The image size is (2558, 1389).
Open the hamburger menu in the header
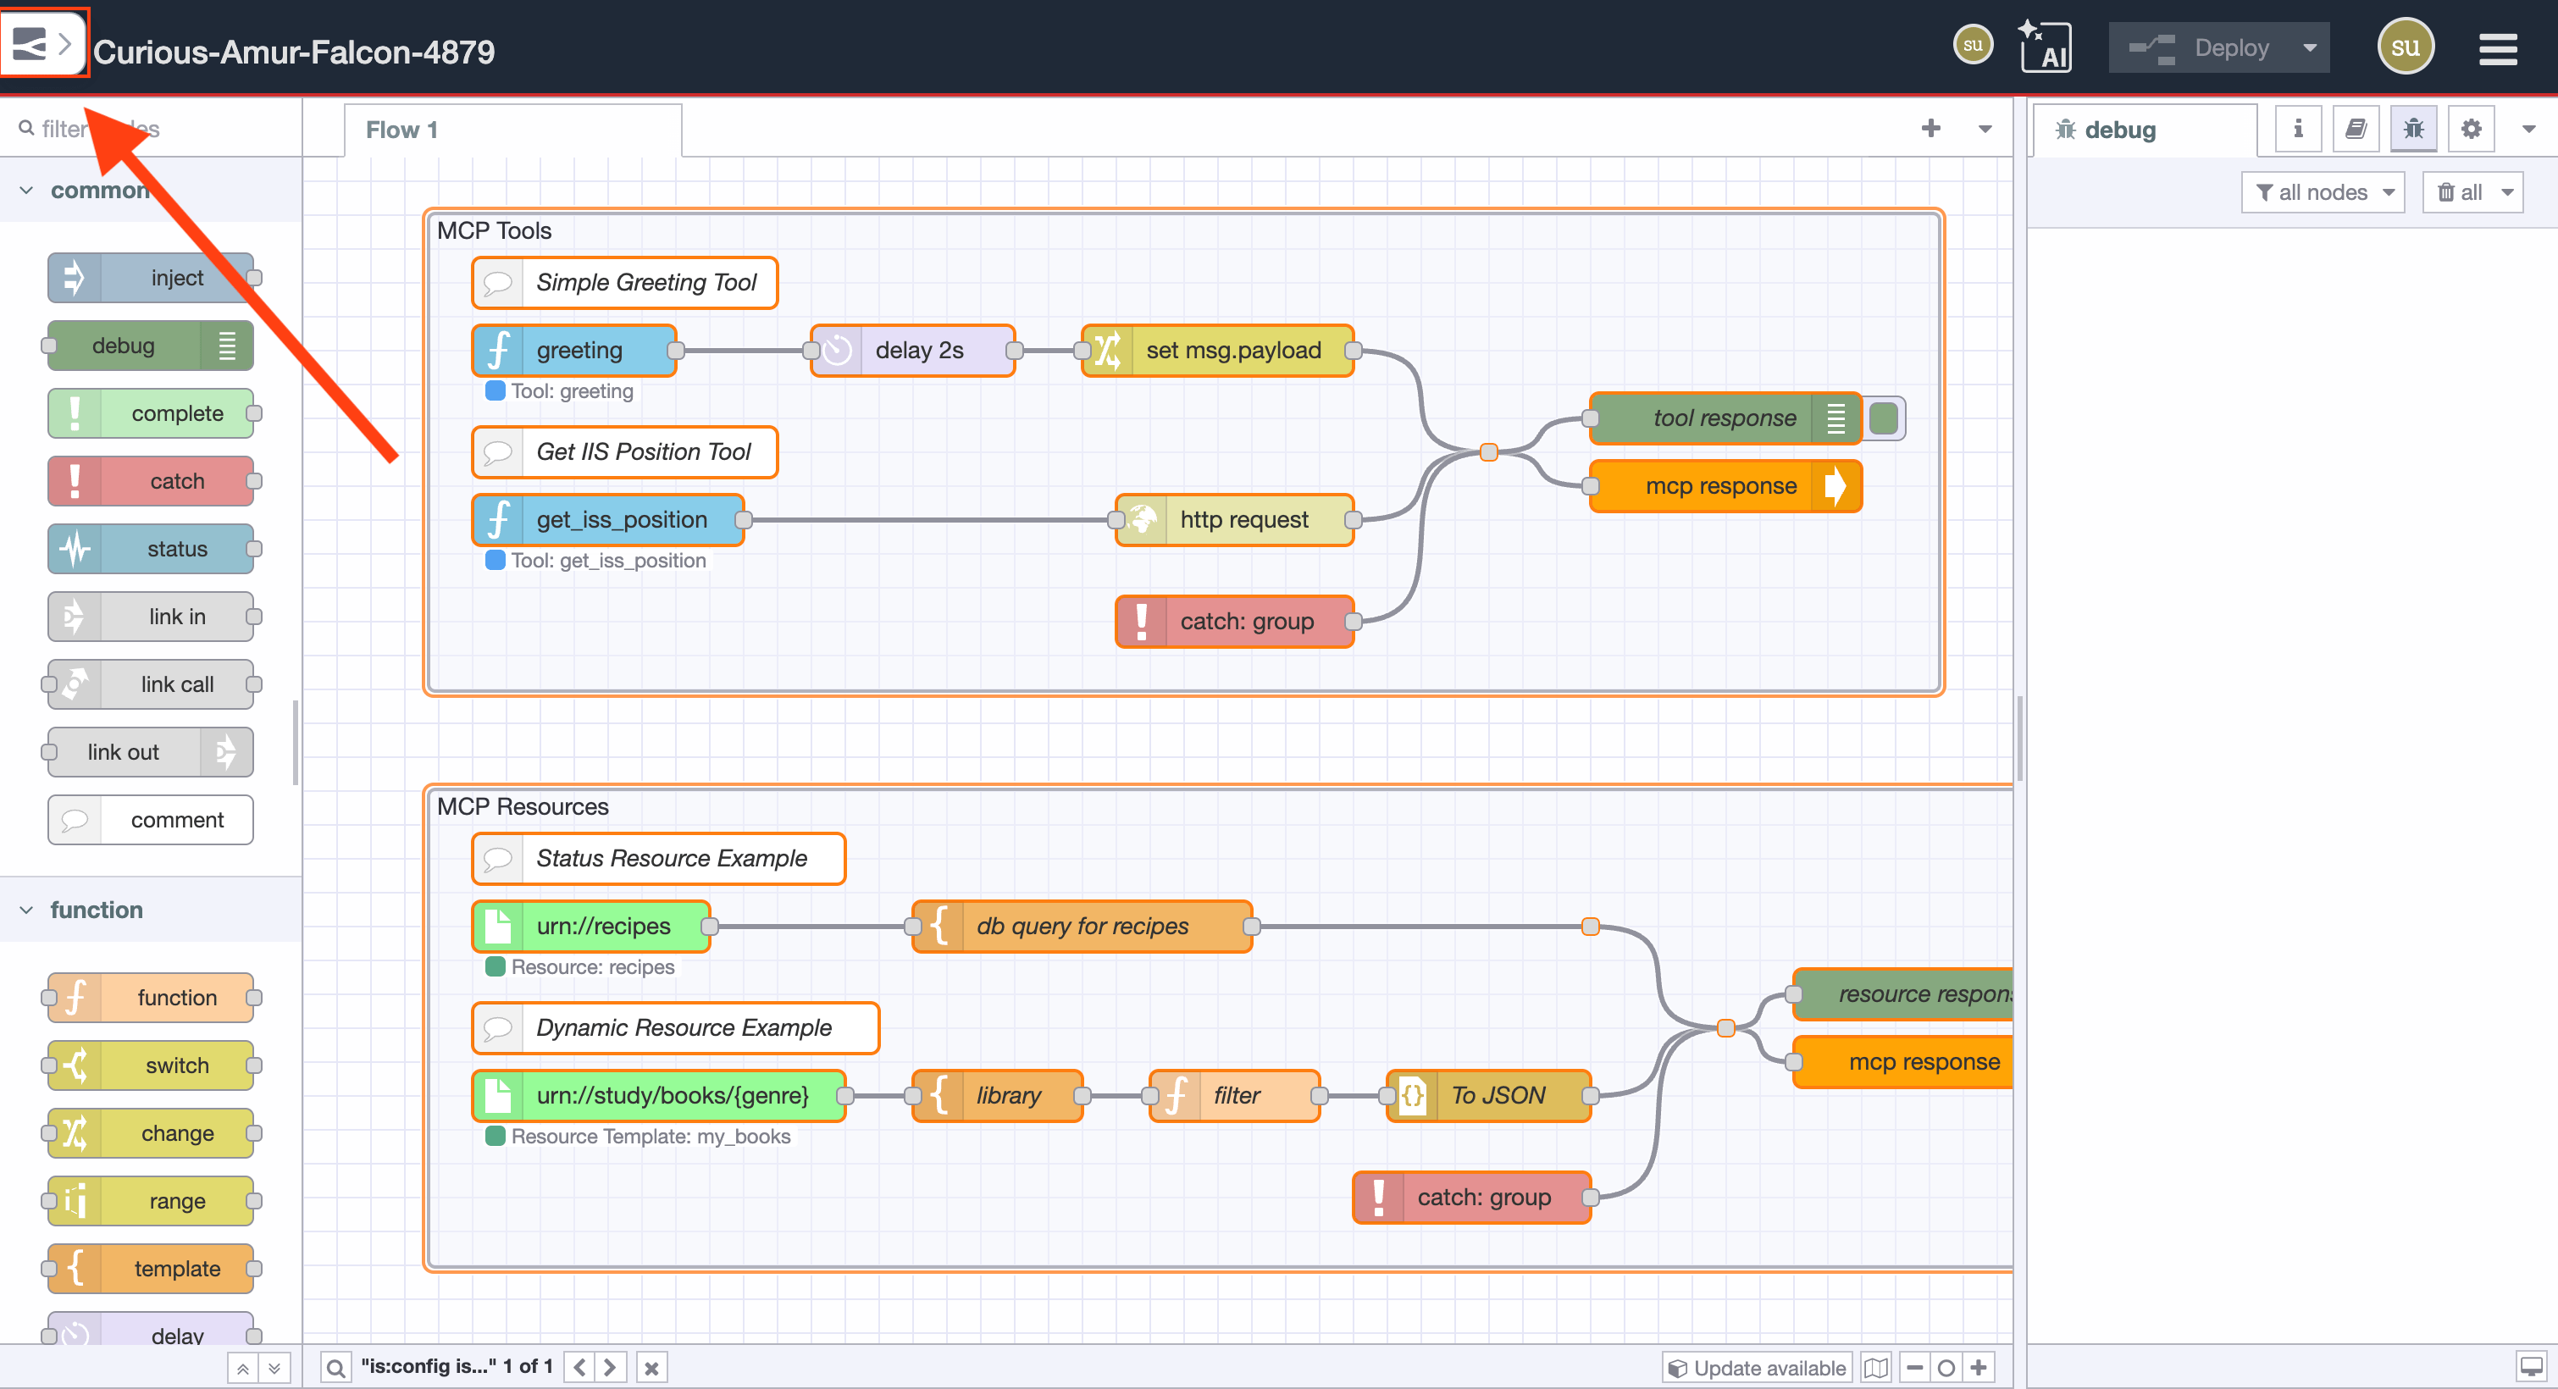point(2496,48)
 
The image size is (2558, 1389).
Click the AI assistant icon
point(2045,47)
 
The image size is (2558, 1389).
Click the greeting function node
point(579,351)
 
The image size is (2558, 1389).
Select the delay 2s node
point(918,351)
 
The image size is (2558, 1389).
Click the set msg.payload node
point(1232,351)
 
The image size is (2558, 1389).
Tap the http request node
point(1243,519)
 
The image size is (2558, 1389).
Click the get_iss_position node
point(621,519)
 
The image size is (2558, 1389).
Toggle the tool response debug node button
point(1883,418)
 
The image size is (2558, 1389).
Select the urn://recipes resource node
point(603,927)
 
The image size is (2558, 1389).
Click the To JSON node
point(1497,1095)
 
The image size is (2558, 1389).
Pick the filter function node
point(1235,1095)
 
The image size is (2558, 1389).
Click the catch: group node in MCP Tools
point(1245,622)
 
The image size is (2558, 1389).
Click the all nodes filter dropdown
point(2323,192)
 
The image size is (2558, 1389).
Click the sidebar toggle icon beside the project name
point(42,44)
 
